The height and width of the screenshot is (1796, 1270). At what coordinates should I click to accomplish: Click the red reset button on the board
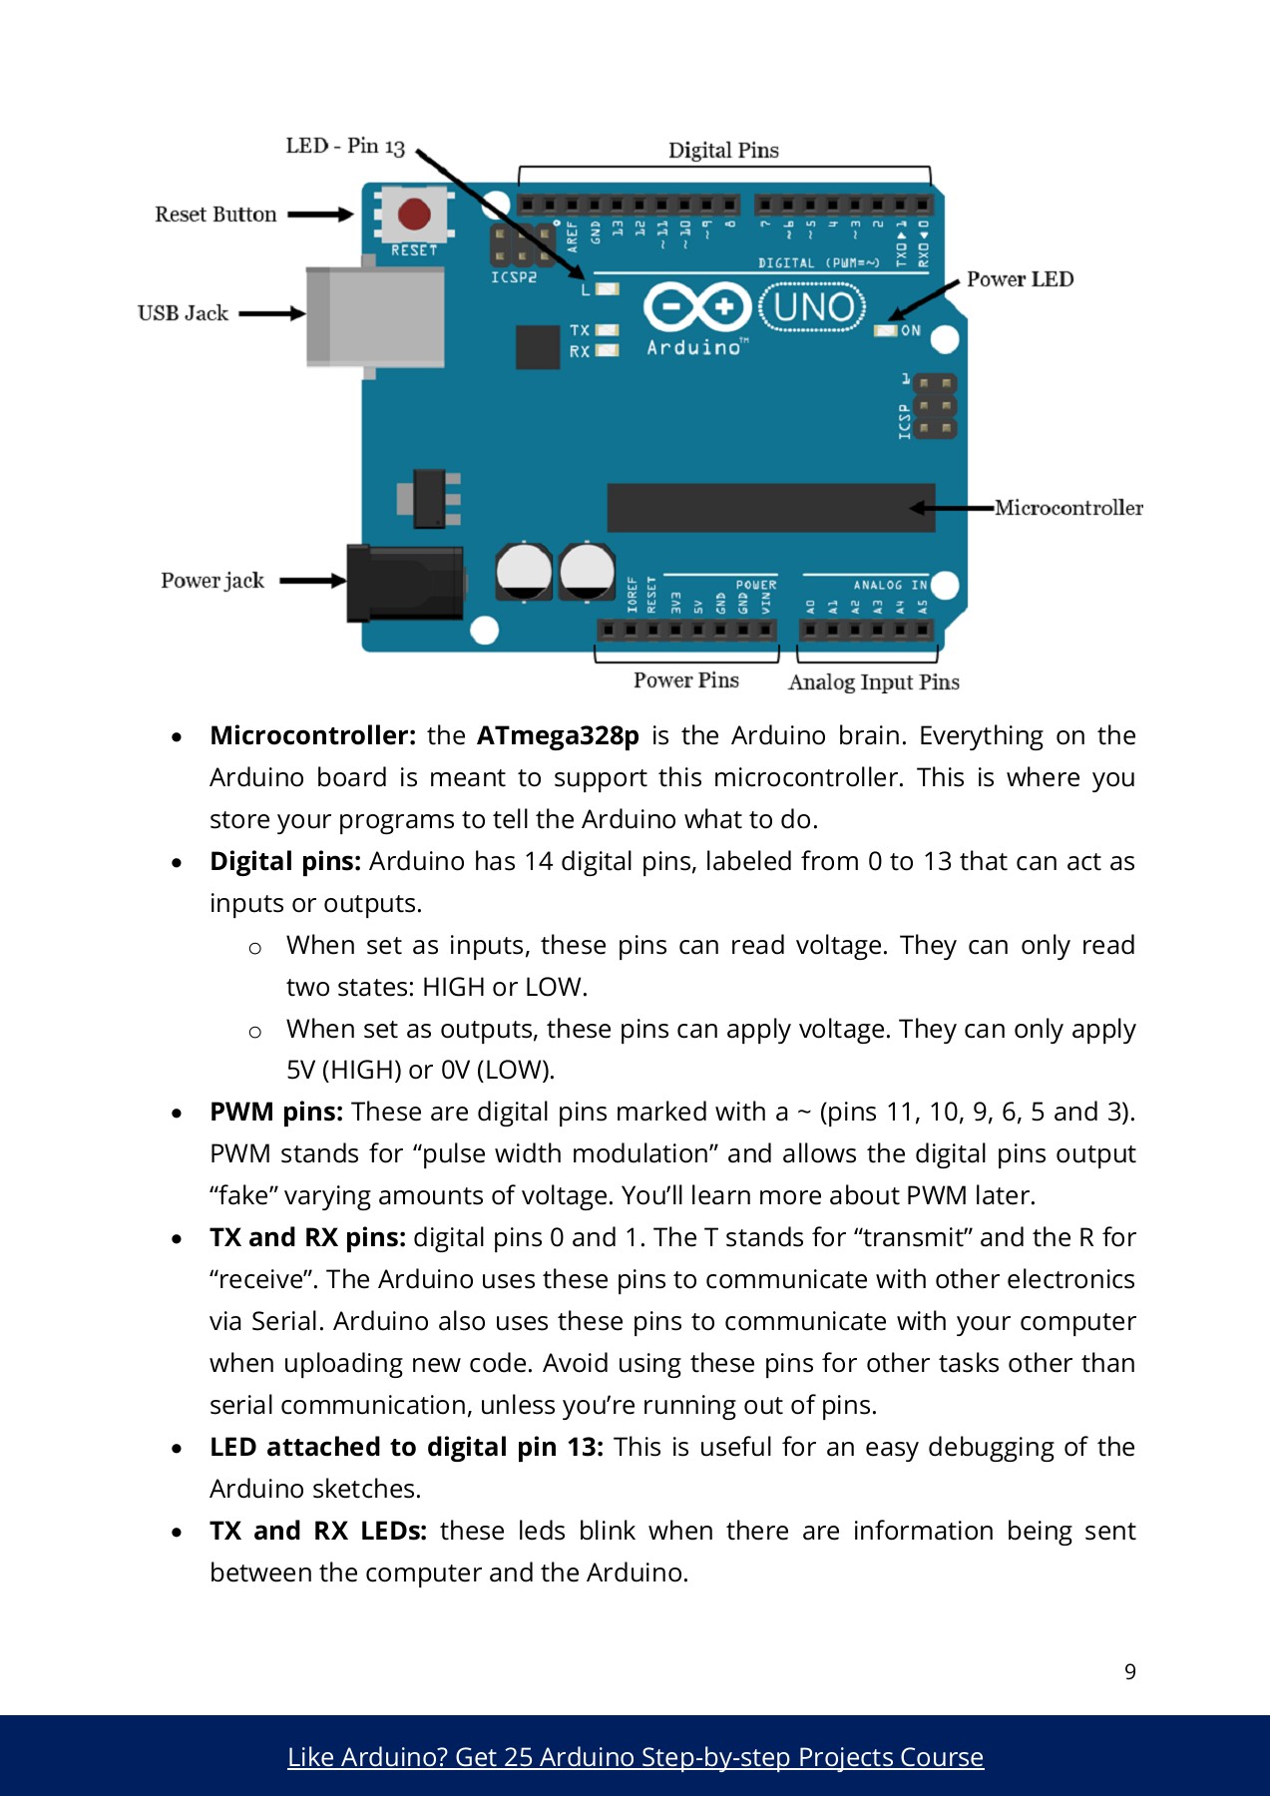tap(414, 214)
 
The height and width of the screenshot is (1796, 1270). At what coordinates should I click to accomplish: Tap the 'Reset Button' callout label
tap(215, 215)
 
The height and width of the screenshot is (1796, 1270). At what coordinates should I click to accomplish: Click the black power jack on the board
tap(405, 582)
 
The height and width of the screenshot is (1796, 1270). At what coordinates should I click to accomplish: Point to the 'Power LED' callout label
tap(1020, 279)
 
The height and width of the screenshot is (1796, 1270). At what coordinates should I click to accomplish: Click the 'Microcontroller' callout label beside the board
tap(1068, 508)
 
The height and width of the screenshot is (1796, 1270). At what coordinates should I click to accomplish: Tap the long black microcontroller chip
tap(770, 508)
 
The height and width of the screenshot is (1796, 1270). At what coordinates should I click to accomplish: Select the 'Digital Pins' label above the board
tap(723, 151)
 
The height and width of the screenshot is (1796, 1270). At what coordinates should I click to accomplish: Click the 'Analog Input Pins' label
tap(873, 682)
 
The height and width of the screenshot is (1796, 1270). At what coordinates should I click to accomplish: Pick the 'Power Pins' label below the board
tap(685, 680)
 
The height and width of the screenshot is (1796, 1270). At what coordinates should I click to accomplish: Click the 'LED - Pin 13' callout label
tap(345, 147)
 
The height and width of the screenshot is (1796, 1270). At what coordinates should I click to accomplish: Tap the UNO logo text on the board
tap(813, 308)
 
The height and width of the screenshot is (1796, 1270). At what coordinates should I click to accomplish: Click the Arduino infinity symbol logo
tap(696, 306)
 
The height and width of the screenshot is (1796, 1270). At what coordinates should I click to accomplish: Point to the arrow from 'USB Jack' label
tap(271, 313)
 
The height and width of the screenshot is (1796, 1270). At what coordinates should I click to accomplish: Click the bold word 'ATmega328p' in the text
tap(558, 736)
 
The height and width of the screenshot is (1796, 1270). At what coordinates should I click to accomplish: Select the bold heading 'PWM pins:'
tap(276, 1113)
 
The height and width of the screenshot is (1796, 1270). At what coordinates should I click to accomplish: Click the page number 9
tap(1129, 1672)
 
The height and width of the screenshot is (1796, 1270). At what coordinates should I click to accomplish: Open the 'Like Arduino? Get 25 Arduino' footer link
tap(635, 1757)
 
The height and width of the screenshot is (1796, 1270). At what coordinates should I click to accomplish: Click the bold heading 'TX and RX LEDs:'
tap(318, 1532)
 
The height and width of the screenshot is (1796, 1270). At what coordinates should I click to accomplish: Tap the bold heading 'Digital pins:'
tap(285, 862)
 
